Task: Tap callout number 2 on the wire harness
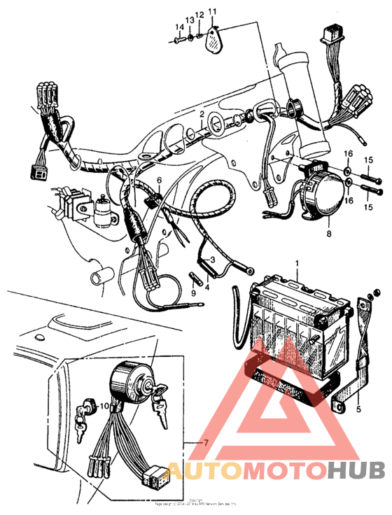[202, 113]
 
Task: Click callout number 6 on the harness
[158, 181]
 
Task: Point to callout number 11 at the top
[212, 11]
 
